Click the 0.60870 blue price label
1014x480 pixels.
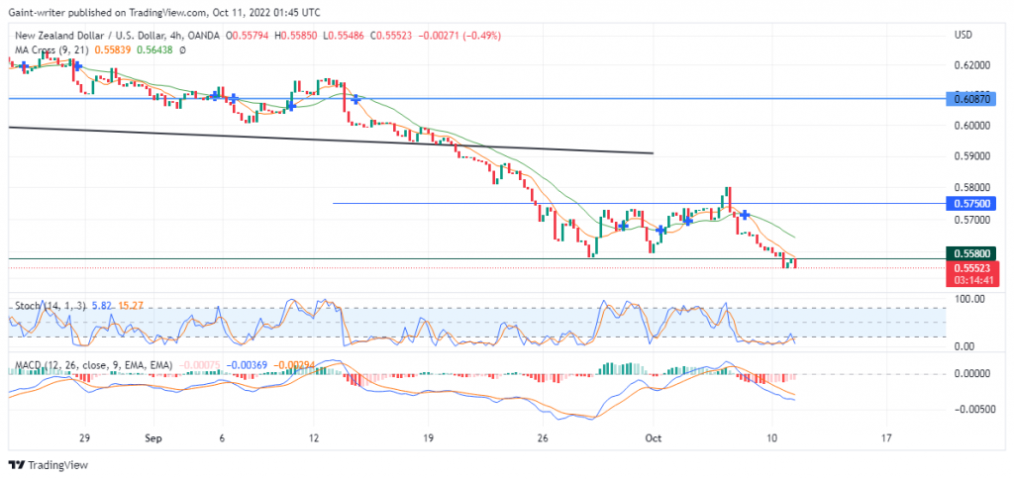point(971,99)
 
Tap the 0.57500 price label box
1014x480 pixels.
point(971,203)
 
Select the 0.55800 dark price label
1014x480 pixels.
point(971,252)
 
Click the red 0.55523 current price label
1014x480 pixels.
point(971,267)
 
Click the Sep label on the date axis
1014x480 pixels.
point(152,436)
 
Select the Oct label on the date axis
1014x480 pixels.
point(653,436)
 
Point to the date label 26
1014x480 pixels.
point(541,436)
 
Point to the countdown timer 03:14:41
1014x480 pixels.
point(971,280)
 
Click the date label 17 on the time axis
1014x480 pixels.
point(886,436)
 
